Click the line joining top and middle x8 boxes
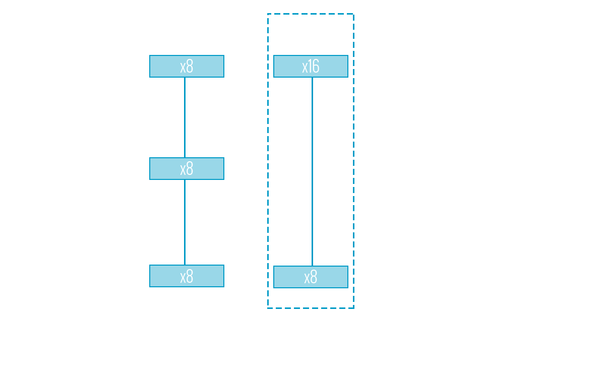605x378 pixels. (185, 117)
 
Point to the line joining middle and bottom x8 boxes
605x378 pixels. (185, 222)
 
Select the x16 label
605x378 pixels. (311, 67)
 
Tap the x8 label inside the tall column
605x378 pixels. (311, 277)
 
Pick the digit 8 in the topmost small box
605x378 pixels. (190, 67)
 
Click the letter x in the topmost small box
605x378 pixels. (183, 68)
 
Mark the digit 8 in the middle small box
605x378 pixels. (190, 169)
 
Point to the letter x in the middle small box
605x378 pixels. (183, 170)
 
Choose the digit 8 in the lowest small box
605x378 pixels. (190, 276)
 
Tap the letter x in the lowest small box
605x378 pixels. (183, 277)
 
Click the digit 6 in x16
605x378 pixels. (316, 67)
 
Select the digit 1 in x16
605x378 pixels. (310, 67)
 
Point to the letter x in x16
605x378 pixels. (305, 68)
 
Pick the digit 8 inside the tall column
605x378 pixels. (314, 277)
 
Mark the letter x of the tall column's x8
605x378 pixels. (307, 278)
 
